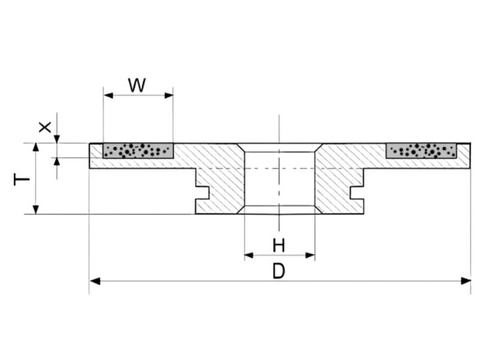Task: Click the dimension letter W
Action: [x=137, y=85]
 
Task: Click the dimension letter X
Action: [x=44, y=127]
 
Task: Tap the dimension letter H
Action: [x=279, y=245]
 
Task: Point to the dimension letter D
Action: [x=278, y=271]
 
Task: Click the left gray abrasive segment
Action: [x=138, y=150]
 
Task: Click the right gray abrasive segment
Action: [x=421, y=150]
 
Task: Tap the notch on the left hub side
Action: [x=203, y=193]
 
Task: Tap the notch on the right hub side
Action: [x=356, y=193]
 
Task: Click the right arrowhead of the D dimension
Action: [x=466, y=281]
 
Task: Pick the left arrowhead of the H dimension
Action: [x=248, y=255]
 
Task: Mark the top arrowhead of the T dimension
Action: [x=36, y=148]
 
